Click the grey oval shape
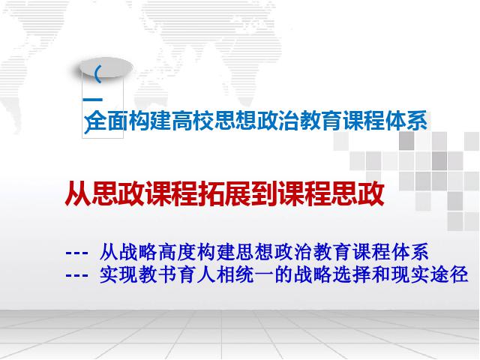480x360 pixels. point(106,67)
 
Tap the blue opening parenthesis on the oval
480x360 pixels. point(97,74)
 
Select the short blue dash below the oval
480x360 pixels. point(92,100)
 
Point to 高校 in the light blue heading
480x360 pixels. point(192,121)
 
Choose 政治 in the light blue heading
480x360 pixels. point(277,121)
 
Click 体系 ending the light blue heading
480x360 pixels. point(406,121)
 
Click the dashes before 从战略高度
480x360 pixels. point(76,253)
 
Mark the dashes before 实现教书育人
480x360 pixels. point(76,275)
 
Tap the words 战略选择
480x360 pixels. point(332,274)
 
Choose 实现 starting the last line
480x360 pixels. point(118,274)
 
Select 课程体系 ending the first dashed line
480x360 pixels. point(390,252)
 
